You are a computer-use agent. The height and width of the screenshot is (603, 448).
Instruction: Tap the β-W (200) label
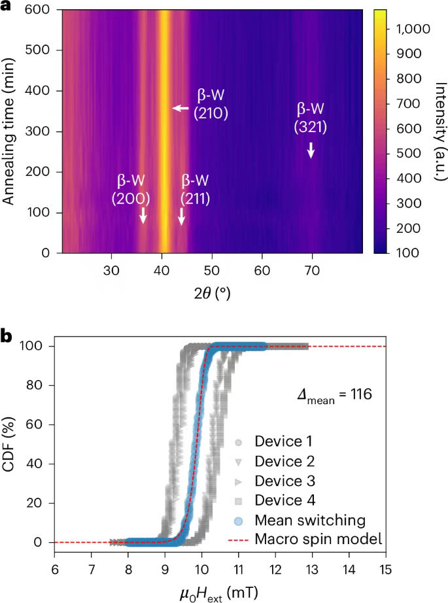coord(133,189)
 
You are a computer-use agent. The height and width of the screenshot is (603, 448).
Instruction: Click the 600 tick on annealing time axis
coord(40,10)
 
